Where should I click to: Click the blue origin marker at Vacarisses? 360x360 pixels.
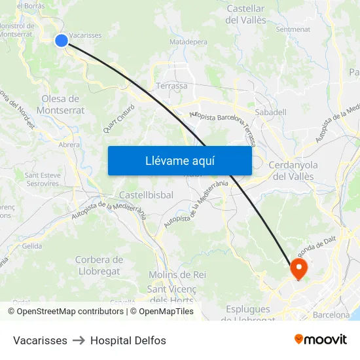[x=62, y=41]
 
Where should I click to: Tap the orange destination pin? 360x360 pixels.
[x=299, y=268]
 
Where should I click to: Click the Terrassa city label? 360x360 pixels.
[x=171, y=86]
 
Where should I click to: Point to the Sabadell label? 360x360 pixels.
[x=270, y=112]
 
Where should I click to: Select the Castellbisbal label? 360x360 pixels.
[x=146, y=195]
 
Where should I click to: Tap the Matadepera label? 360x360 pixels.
[x=189, y=42]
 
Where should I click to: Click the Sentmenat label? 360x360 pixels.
[x=293, y=29]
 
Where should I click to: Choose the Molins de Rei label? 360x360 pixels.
[x=177, y=275]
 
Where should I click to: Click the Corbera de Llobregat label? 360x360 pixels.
[x=99, y=265]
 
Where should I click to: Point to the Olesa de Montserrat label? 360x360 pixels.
[x=61, y=105]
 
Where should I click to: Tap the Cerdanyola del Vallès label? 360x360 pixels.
[x=292, y=170]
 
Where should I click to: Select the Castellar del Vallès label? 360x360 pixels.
[x=245, y=14]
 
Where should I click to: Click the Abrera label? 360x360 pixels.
[x=69, y=145]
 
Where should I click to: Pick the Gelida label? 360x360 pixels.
[x=31, y=246]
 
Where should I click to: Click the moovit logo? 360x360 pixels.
[x=321, y=340]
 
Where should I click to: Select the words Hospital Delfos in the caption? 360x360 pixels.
[x=128, y=340]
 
